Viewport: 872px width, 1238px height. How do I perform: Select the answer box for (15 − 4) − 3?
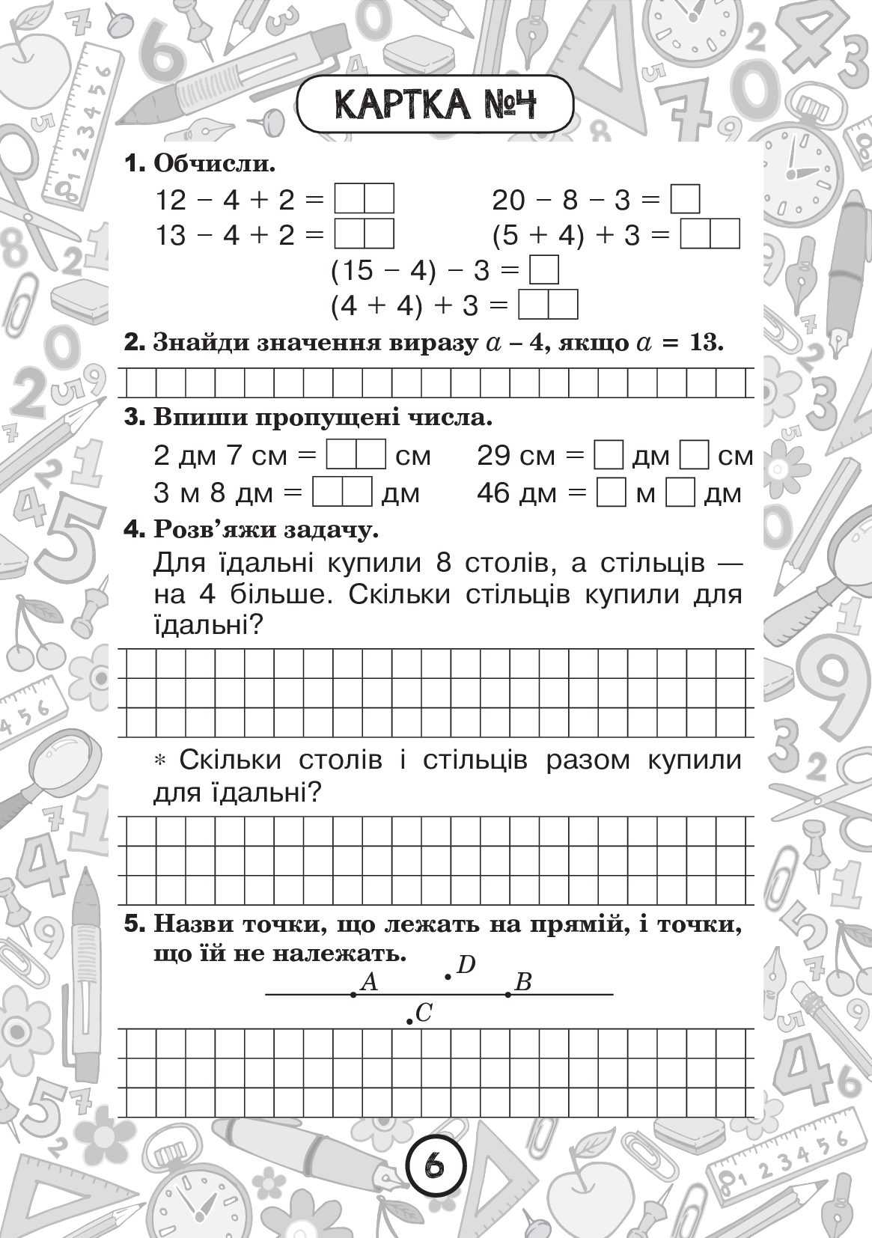544,270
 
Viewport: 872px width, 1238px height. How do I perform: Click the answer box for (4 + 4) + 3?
548,305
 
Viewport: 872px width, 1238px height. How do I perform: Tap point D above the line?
448,976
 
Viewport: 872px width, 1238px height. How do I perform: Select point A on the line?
353,994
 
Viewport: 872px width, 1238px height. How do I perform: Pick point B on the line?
508,994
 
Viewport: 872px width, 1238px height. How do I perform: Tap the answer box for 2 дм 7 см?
356,456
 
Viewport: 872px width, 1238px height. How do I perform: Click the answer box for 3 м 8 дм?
342,493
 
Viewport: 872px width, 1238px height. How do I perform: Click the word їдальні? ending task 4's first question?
206,623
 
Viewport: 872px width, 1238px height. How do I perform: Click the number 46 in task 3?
493,493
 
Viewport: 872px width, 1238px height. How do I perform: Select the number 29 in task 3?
493,456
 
